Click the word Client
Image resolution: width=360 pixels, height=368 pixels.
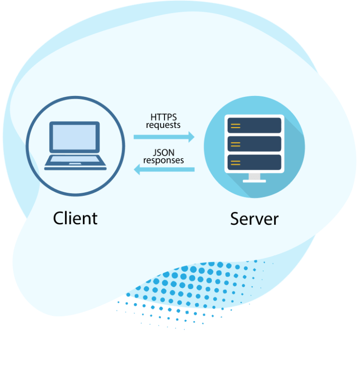75,218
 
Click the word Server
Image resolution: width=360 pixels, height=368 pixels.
254,218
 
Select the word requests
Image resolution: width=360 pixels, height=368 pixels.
163,125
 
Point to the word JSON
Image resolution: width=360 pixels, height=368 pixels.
164,152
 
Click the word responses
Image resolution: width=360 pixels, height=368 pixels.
164,160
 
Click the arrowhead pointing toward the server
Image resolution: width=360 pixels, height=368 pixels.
191,136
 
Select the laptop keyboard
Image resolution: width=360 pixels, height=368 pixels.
75,159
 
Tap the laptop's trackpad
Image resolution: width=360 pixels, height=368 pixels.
75,164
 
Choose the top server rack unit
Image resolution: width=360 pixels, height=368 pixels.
254,125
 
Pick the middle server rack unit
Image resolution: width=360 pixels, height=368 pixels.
254,144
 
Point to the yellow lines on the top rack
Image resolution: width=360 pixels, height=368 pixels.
235,125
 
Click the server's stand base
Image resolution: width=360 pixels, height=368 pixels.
254,181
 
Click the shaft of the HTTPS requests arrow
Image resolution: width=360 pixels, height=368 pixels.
160,136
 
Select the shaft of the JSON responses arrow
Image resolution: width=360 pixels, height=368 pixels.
169,170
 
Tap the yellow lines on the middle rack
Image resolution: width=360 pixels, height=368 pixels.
235,144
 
